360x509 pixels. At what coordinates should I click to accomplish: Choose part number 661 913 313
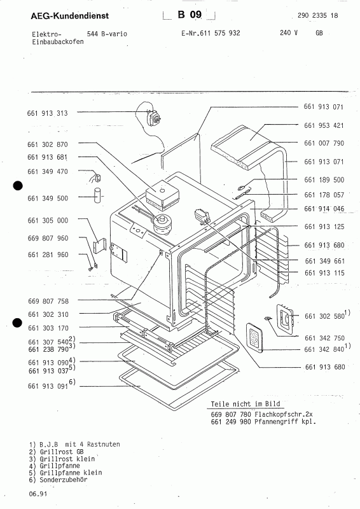coord(48,113)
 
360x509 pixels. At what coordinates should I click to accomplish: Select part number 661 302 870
coord(48,145)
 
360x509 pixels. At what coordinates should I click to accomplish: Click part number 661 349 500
coord(48,198)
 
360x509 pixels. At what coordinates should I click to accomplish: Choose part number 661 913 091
coord(48,383)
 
